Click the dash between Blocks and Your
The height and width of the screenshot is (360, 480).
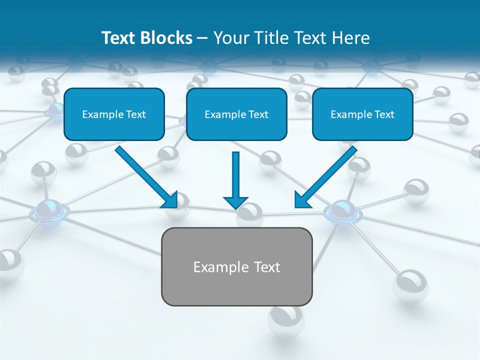202,38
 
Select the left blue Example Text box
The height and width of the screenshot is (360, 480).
114,114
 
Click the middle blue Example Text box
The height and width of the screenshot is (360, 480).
236,114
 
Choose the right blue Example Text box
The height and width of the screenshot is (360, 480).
362,114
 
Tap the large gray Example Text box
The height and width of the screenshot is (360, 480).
236,266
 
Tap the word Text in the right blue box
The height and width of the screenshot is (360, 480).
384,114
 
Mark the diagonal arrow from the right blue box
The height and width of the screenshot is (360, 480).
327,176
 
